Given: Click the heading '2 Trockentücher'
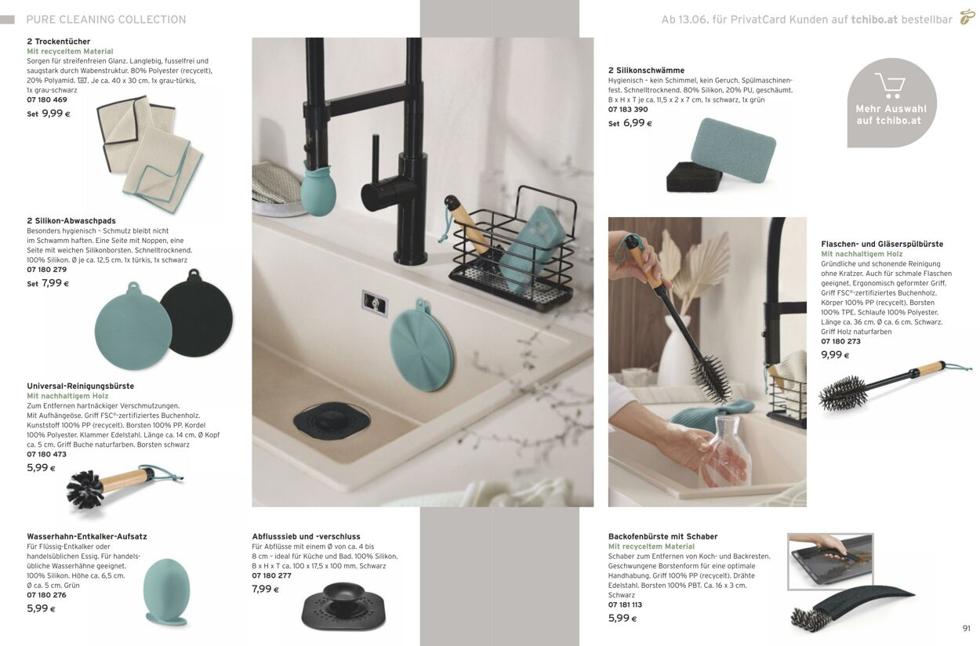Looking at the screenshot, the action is pyautogui.click(x=59, y=42).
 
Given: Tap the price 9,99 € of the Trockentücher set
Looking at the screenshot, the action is pyautogui.click(x=56, y=114).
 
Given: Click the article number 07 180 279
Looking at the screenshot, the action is pyautogui.click(x=47, y=270).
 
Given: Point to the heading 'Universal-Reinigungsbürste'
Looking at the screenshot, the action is pyautogui.click(x=81, y=387).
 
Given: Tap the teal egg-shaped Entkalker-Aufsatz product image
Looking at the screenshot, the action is pyautogui.click(x=167, y=591).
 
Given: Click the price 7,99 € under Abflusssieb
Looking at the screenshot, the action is pyautogui.click(x=265, y=589).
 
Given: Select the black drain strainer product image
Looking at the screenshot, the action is pyautogui.click(x=344, y=606).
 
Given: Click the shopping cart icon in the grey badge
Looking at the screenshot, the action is pyautogui.click(x=891, y=85).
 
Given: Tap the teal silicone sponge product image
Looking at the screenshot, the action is pyautogui.click(x=733, y=149).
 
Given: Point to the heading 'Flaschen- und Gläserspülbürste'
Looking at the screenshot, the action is pyautogui.click(x=882, y=244).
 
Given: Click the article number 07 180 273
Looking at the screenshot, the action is pyautogui.click(x=840, y=342).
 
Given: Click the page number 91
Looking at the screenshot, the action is pyautogui.click(x=967, y=629).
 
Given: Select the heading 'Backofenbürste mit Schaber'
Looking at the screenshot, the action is pyautogui.click(x=662, y=537).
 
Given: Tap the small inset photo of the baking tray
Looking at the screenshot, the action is pyautogui.click(x=830, y=561).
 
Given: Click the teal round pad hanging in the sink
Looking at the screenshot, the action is pyautogui.click(x=421, y=346).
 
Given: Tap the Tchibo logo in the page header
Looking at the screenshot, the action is pyautogui.click(x=967, y=16).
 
